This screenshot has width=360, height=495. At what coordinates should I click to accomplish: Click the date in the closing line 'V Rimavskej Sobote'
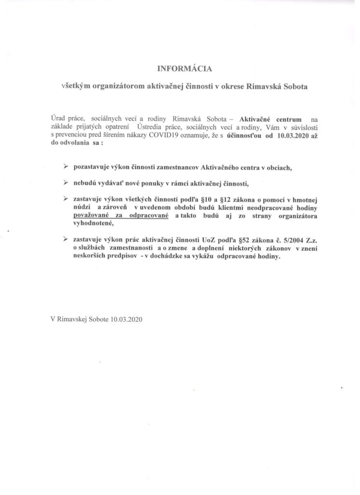click(126, 320)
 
